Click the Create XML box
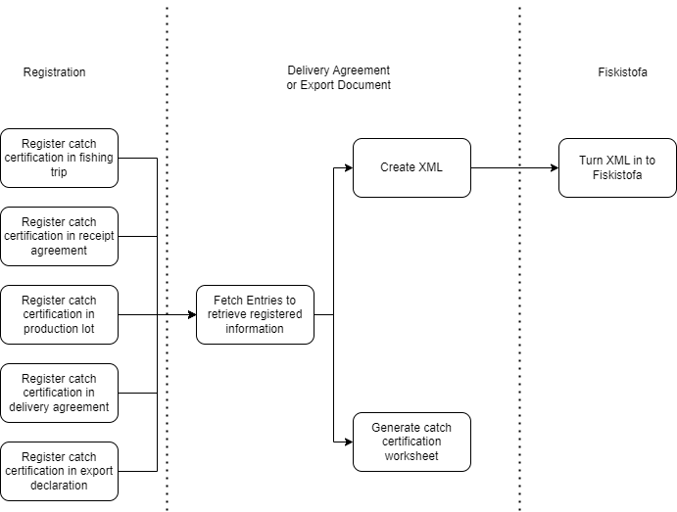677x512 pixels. (411, 167)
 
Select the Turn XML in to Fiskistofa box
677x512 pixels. (617, 167)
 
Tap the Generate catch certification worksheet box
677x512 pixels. (411, 442)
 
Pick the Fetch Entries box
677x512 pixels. (255, 314)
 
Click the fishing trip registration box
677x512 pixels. (59, 158)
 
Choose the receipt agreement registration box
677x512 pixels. (59, 236)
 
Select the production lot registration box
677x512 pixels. (59, 314)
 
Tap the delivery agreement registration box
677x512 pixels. (59, 393)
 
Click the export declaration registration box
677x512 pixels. (59, 471)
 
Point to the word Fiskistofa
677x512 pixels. (617, 175)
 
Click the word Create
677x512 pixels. (398, 167)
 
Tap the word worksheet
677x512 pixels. (411, 456)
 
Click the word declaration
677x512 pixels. (59, 485)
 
